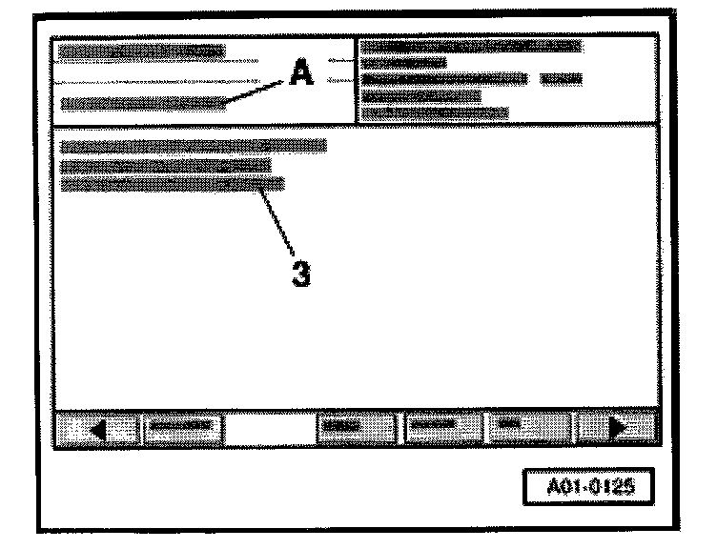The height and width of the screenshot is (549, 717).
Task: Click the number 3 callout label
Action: pos(299,273)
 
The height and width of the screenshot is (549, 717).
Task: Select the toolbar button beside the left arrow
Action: pos(182,429)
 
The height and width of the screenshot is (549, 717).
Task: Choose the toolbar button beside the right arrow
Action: pos(528,429)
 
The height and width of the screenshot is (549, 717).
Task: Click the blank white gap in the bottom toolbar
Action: pos(271,429)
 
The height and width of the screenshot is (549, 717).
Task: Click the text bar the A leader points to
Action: pos(143,102)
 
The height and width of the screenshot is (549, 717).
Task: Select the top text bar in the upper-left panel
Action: pos(141,51)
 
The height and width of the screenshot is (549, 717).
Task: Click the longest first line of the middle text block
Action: pos(193,146)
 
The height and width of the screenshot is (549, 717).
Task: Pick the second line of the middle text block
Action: pos(165,165)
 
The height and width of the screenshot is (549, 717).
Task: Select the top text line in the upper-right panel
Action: pos(473,46)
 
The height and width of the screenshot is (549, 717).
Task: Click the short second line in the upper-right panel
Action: pos(405,63)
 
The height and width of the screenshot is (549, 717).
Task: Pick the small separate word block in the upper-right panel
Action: pos(562,79)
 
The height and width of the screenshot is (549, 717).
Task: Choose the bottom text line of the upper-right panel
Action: pos(436,112)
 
